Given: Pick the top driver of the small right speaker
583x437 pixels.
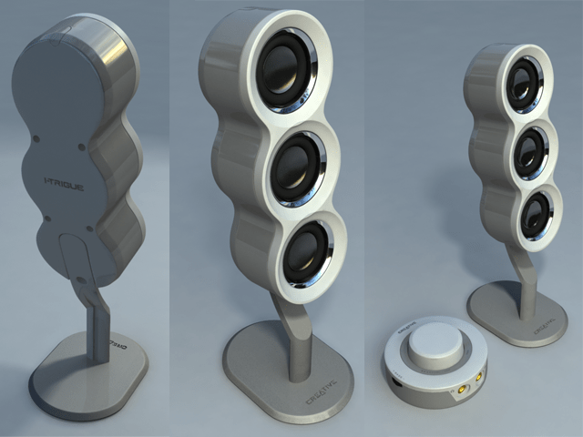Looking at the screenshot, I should [x=525, y=82].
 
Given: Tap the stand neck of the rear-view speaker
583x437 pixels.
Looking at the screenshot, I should [x=97, y=319].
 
